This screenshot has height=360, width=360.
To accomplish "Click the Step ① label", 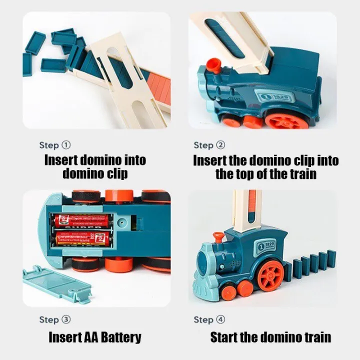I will click(x=55, y=145).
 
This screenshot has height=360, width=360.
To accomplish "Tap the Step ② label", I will click(x=209, y=145).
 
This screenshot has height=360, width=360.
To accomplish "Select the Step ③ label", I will click(x=55, y=319).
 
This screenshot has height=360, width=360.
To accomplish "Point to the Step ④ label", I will click(x=209, y=319).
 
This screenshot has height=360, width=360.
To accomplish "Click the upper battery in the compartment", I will click(x=82, y=220).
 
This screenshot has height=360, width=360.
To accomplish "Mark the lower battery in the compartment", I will click(x=82, y=236).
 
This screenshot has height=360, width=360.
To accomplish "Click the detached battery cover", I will click(x=56, y=283).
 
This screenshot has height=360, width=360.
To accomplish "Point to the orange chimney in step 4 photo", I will click(x=218, y=236).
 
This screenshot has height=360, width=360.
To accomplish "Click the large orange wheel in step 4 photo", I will click(x=271, y=275).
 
